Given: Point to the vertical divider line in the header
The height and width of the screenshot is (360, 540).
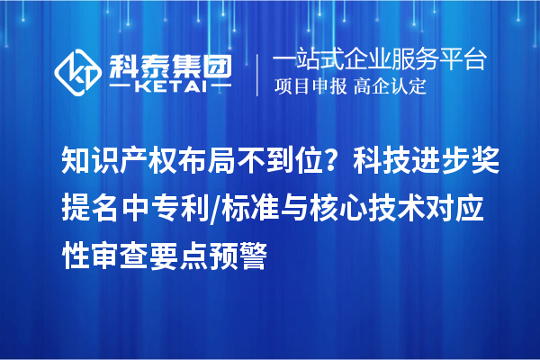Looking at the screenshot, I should (259, 73).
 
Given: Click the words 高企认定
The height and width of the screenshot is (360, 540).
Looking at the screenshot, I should (391, 87).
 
